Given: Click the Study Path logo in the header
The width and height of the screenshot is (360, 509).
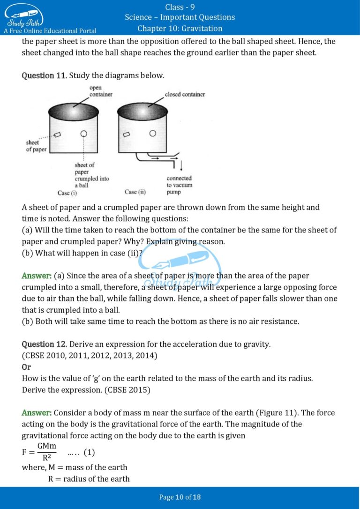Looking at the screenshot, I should [24, 15].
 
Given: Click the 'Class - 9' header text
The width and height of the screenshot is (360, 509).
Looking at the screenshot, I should [180, 7].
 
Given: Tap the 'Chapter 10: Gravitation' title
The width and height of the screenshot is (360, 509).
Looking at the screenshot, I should [180, 29].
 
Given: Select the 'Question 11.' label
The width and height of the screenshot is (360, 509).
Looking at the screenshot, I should [44, 75].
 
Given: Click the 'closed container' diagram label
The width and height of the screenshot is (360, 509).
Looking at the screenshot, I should [185, 94].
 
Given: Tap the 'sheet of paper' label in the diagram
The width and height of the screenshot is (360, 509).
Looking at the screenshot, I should [36, 146].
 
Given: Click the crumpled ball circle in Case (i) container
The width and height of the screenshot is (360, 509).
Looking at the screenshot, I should [84, 134].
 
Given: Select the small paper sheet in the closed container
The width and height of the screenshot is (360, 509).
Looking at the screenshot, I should [126, 135].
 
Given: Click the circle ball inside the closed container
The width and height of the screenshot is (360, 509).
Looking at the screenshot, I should [152, 134].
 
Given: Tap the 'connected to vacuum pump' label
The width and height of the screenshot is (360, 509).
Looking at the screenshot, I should [179, 185].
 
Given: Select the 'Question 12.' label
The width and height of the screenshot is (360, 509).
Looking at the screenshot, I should [44, 344].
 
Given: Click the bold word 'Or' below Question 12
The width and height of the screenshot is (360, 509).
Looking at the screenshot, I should [26, 367].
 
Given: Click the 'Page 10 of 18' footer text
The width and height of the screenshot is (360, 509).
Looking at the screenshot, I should [180, 497].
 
